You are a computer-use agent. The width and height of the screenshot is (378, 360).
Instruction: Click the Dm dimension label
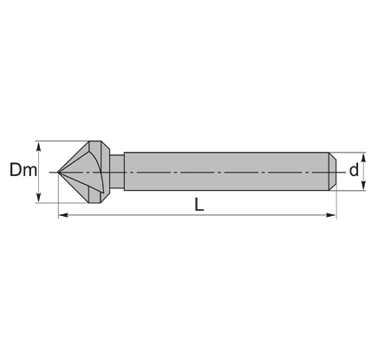tap(23, 170)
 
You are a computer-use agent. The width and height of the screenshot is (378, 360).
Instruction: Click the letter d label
tap(354, 170)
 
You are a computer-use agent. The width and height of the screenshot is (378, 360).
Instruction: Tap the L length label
tap(199, 204)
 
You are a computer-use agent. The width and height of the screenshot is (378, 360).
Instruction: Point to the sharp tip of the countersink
tap(58, 172)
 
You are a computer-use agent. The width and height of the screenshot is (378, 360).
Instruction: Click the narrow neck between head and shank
tap(117, 172)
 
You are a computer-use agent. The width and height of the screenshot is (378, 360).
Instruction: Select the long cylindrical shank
tap(226, 171)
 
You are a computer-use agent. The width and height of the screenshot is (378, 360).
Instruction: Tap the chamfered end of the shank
tap(333, 171)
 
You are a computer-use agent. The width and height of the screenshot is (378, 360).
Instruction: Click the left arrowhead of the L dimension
tap(63, 215)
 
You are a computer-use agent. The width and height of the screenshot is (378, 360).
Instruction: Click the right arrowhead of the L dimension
tap(331, 215)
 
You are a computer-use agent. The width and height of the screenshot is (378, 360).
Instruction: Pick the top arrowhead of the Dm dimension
tap(38, 147)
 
